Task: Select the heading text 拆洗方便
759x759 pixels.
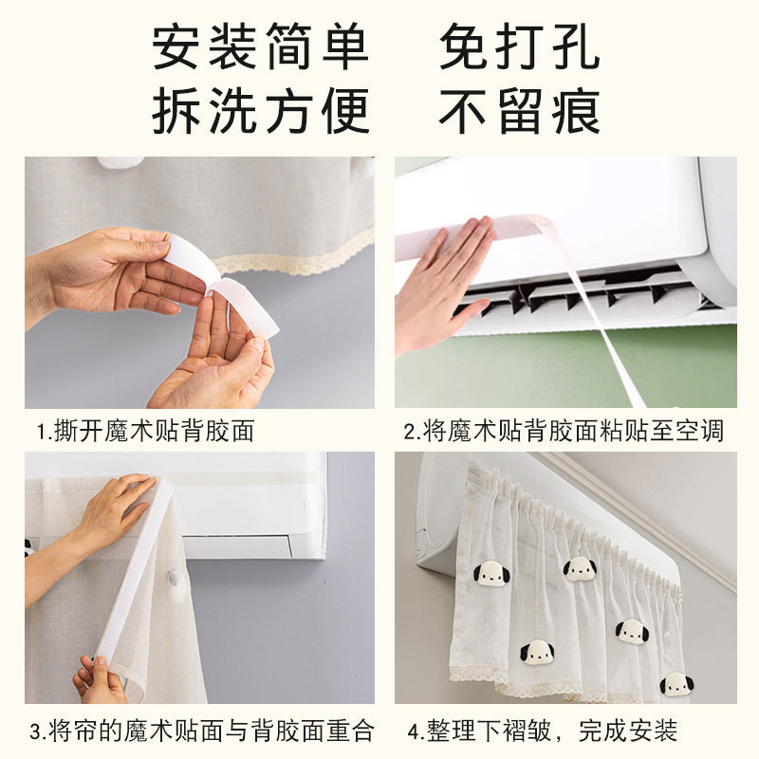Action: pyautogui.click(x=261, y=112)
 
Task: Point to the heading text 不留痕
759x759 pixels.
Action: pyautogui.click(x=519, y=112)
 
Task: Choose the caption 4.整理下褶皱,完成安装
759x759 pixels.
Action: pyautogui.click(x=543, y=731)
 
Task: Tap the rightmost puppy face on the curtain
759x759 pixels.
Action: pyautogui.click(x=676, y=682)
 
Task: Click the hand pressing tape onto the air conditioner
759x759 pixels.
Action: pyautogui.click(x=441, y=280)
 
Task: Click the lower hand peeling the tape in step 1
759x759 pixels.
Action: pyautogui.click(x=218, y=361)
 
